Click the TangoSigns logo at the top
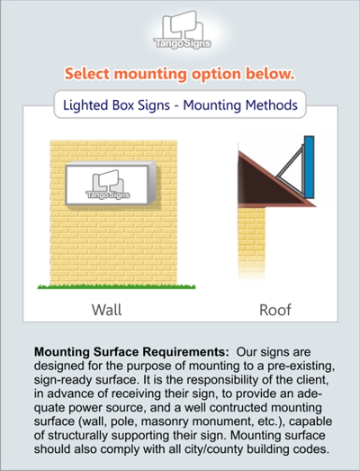tap(183, 30)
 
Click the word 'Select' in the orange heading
tap(87, 74)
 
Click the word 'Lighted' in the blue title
tap(85, 105)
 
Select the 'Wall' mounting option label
tap(106, 310)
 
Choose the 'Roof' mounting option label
tap(275, 310)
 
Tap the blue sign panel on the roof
tap(309, 167)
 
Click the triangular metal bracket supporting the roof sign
tap(290, 171)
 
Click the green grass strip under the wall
tap(116, 287)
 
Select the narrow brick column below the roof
tap(252, 243)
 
